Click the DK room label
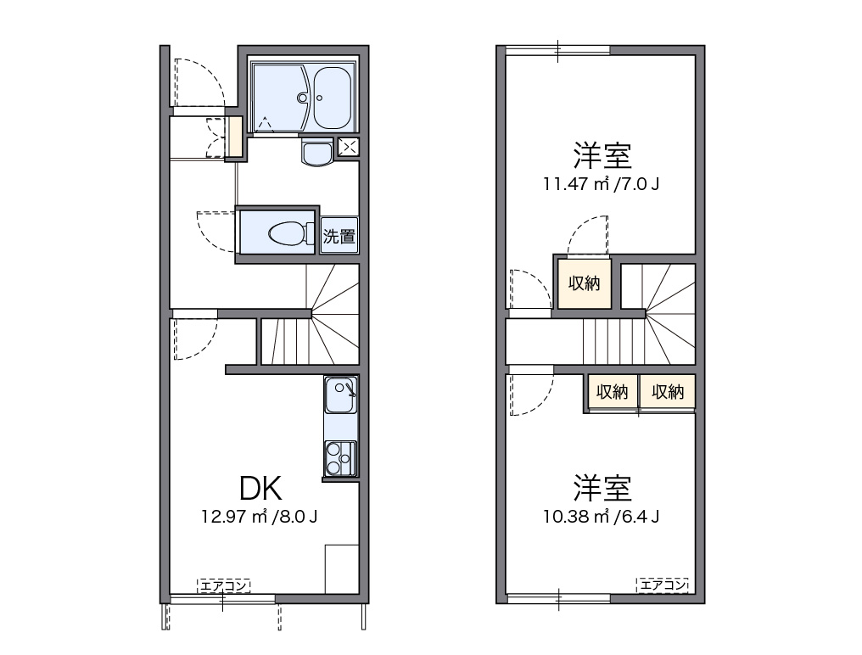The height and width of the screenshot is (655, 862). pyautogui.click(x=260, y=488)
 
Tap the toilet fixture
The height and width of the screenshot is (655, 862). pyautogui.click(x=283, y=232)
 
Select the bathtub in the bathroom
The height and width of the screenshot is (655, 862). pyautogui.click(x=332, y=97)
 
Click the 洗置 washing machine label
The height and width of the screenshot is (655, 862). pyautogui.click(x=339, y=237)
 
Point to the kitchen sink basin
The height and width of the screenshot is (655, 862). pyautogui.click(x=340, y=394)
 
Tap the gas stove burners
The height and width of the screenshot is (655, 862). pyautogui.click(x=340, y=459)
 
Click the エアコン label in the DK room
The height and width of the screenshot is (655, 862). pyautogui.click(x=224, y=585)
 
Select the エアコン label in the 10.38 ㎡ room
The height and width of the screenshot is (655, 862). pyautogui.click(x=662, y=585)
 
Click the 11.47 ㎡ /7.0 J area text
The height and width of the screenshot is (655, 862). pyautogui.click(x=601, y=182)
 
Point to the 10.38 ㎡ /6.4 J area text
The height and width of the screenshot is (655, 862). pyautogui.click(x=602, y=516)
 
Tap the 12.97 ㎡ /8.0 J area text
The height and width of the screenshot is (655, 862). pyautogui.click(x=260, y=516)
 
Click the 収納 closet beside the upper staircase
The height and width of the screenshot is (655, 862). pyautogui.click(x=584, y=283)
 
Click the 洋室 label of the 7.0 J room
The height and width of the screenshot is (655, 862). pyautogui.click(x=602, y=155)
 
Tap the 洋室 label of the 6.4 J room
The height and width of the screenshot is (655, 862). pyautogui.click(x=602, y=489)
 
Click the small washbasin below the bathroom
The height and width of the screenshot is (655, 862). pyautogui.click(x=318, y=153)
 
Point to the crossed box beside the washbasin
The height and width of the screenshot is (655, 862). pyautogui.click(x=348, y=146)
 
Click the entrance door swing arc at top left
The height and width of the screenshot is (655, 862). pyautogui.click(x=201, y=82)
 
